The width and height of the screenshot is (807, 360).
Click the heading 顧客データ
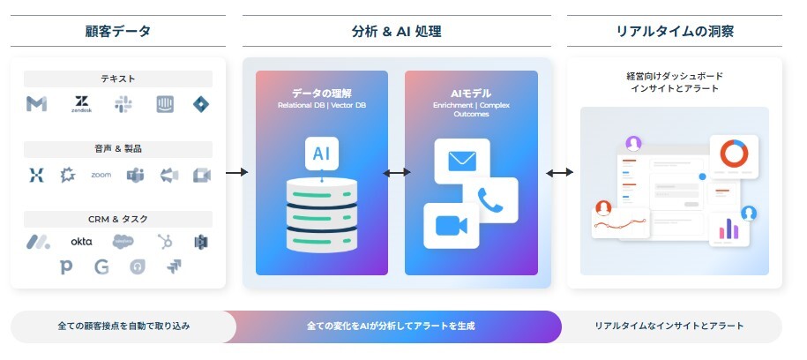click(x=118, y=32)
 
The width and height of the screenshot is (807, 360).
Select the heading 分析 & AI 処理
click(x=397, y=32)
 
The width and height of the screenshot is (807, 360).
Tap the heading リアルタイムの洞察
click(x=675, y=32)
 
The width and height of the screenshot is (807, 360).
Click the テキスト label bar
click(x=118, y=79)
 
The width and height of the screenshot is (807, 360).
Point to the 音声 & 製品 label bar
click(x=118, y=148)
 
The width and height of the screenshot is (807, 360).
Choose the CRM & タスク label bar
click(x=118, y=218)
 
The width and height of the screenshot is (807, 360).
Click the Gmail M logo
click(x=36, y=104)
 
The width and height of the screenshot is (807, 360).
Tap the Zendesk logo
click(x=82, y=105)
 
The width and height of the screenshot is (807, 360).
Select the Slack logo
click(x=123, y=104)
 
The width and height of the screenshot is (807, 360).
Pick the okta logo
click(x=82, y=241)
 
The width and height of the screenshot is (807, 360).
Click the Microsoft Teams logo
click(x=135, y=175)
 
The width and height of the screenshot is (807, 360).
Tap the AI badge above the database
click(x=321, y=153)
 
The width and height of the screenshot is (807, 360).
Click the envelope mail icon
click(x=461, y=161)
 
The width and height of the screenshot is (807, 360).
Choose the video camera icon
click(x=450, y=225)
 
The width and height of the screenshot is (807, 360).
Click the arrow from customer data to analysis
click(x=235, y=172)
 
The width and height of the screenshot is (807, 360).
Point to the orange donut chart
click(x=734, y=153)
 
